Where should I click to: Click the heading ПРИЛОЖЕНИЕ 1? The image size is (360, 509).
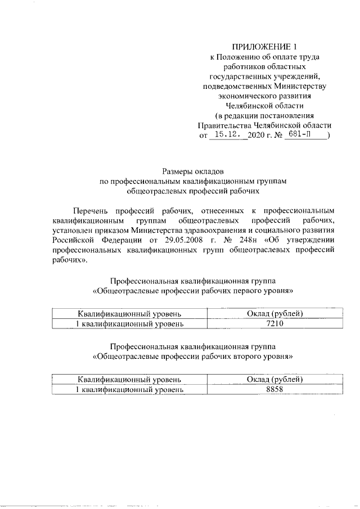pos(264,47)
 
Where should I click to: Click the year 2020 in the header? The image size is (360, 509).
pos(265,136)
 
